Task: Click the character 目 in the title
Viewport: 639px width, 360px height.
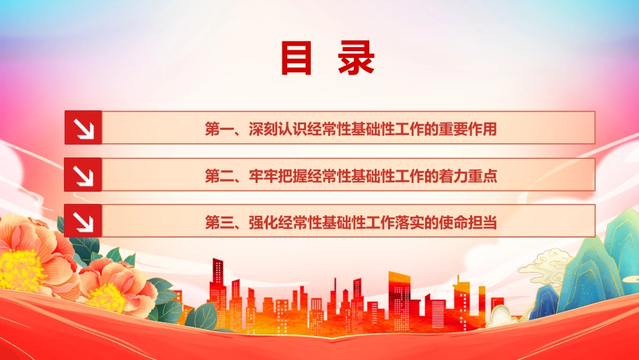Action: click(x=296, y=58)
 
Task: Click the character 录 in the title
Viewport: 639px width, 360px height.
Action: click(x=356, y=58)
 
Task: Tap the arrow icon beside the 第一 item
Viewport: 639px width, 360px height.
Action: click(x=83, y=128)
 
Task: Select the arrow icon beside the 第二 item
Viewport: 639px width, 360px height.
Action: click(x=83, y=174)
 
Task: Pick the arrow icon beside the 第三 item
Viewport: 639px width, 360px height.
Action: click(x=83, y=221)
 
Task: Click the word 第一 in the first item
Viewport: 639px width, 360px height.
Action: click(x=219, y=129)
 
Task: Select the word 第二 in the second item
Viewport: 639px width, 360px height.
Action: click(x=219, y=176)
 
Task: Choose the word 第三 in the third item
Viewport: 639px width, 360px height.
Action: click(x=219, y=223)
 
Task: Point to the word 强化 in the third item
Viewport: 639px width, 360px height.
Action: click(x=263, y=223)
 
